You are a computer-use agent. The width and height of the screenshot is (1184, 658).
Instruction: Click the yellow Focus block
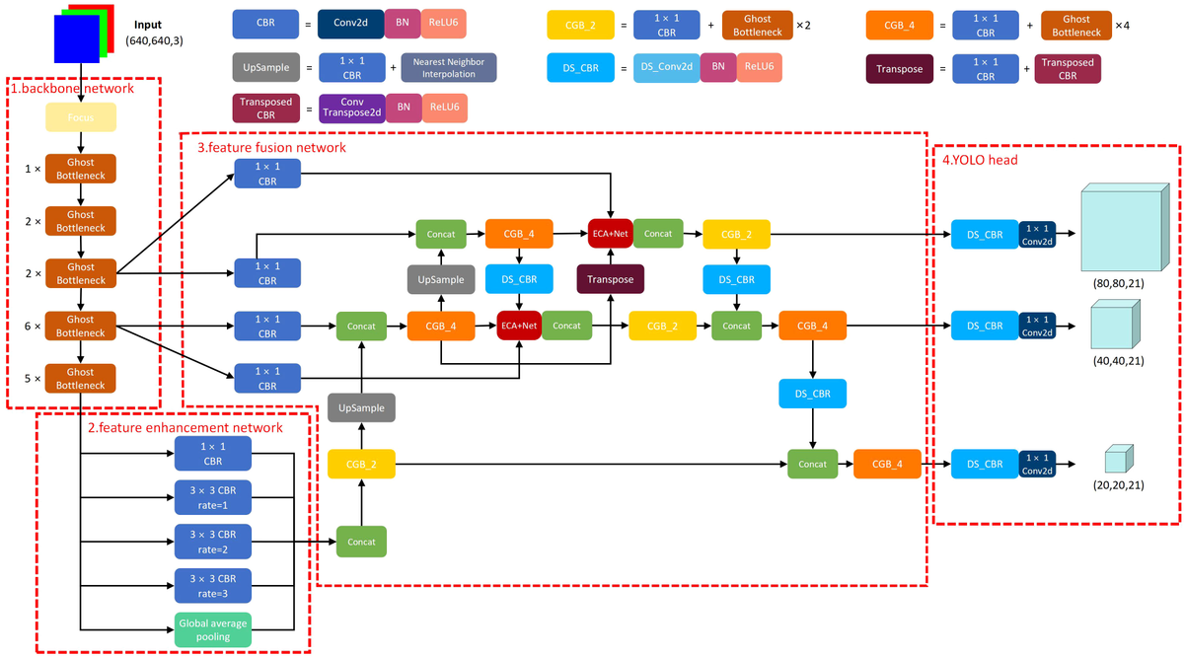pyautogui.click(x=81, y=116)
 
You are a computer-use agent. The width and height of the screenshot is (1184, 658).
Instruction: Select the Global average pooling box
pyautogui.click(x=213, y=628)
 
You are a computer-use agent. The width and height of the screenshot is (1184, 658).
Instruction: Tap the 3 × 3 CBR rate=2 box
pyautogui.click(x=213, y=541)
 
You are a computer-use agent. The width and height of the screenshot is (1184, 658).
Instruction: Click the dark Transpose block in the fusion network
pyautogui.click(x=610, y=279)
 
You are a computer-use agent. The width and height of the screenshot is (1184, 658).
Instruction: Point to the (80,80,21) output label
pyautogui.click(x=1118, y=283)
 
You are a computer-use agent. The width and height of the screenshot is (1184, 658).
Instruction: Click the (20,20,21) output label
pyautogui.click(x=1117, y=487)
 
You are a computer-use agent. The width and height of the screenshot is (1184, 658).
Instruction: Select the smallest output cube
pyautogui.click(x=1116, y=458)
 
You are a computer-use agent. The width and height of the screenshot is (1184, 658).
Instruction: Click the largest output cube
pyautogui.click(x=1119, y=226)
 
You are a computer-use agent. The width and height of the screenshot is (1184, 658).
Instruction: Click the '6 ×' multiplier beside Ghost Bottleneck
pyautogui.click(x=34, y=326)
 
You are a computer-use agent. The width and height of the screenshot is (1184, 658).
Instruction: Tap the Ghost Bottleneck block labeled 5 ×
pyautogui.click(x=81, y=379)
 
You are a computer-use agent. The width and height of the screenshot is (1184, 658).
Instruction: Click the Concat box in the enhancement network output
pyautogui.click(x=361, y=542)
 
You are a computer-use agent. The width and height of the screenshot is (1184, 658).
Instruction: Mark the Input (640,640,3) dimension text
pyautogui.click(x=152, y=38)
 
